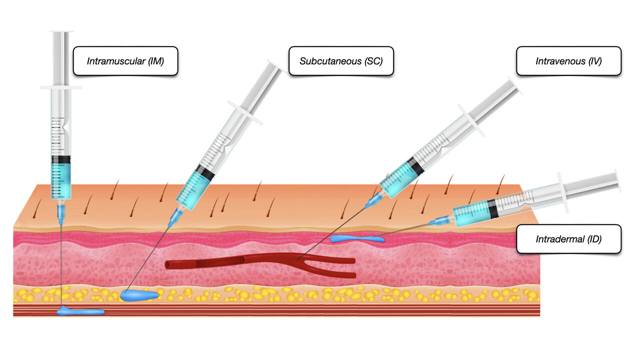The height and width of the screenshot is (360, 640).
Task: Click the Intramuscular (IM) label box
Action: [125, 61]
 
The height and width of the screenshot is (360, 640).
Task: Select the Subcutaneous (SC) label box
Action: [341, 61]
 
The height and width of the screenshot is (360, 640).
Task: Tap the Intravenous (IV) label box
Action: [568, 61]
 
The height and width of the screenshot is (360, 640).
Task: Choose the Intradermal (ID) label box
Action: [568, 239]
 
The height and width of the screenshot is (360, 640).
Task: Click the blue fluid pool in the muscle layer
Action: [80, 312]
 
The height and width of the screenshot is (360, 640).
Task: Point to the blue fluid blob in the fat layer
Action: [139, 295]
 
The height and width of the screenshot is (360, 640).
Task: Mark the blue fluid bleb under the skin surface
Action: [357, 239]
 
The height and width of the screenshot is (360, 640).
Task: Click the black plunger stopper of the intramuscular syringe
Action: [60, 159]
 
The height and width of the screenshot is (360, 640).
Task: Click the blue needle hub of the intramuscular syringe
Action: [61, 213]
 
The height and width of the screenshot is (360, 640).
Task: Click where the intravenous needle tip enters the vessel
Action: [298, 259]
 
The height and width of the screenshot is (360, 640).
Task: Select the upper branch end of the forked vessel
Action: [353, 260]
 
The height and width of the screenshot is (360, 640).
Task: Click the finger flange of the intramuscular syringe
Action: [60, 87]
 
